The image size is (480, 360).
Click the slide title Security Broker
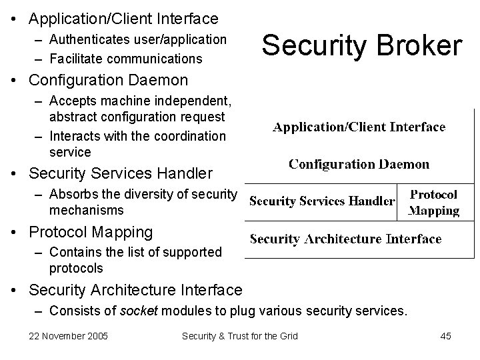[x=361, y=47]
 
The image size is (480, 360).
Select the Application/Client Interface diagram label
[x=359, y=127]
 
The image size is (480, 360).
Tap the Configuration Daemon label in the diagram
[x=359, y=164]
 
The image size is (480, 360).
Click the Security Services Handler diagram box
[x=322, y=201]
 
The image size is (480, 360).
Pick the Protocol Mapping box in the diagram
[x=433, y=203]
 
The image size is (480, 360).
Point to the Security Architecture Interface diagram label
[x=345, y=239]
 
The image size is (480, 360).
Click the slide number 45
[x=445, y=336]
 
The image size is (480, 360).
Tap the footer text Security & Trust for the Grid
[x=240, y=336]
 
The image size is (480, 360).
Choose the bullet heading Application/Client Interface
[x=123, y=18]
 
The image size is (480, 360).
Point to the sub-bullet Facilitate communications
[x=126, y=59]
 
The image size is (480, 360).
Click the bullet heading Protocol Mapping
[x=91, y=232]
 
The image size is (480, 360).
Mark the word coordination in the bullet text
[x=189, y=136]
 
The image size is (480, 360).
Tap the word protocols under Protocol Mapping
[x=76, y=268]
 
